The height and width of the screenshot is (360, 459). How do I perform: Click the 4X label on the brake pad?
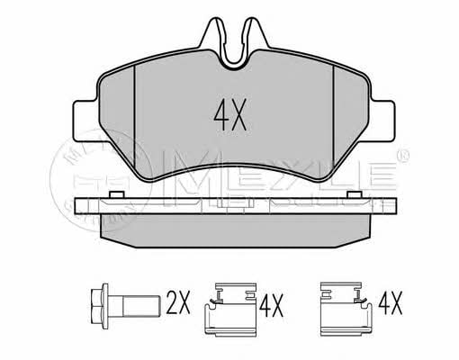coord(229,115)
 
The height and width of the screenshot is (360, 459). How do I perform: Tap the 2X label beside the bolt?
coord(178,302)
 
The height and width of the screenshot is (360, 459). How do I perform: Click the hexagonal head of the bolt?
coord(100,306)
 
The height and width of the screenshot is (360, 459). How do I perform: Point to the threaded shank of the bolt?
coord(140,306)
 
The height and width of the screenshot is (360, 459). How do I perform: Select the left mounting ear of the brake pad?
coord(85,121)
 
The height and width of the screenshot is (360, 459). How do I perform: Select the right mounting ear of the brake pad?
coord(382,121)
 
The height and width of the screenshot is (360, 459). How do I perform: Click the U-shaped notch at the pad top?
coord(234,58)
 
